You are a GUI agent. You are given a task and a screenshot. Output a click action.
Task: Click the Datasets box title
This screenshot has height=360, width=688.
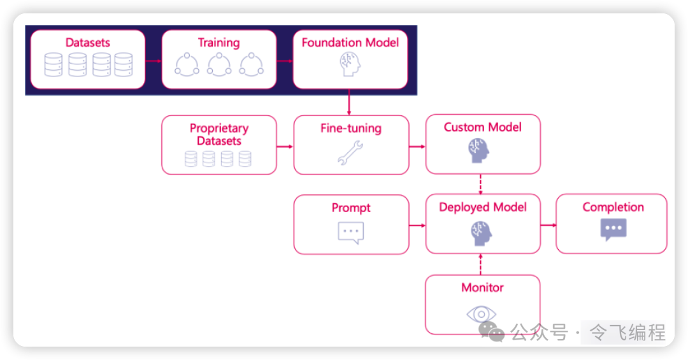click(x=88, y=43)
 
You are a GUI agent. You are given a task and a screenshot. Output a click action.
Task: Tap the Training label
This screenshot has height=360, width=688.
click(x=219, y=43)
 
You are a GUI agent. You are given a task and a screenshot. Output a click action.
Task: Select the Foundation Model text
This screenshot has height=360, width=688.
click(x=350, y=43)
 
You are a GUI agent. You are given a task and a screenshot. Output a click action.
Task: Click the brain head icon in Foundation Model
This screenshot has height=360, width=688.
click(x=349, y=64)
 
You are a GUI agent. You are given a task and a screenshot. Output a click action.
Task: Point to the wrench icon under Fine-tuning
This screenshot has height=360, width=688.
click(x=350, y=153)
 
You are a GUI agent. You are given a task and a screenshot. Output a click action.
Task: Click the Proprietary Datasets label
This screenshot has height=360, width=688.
click(x=219, y=134)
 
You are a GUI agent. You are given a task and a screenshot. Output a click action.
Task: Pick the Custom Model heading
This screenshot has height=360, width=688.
click(x=482, y=127)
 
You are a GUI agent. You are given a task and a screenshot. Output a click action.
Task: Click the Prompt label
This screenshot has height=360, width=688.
click(x=350, y=208)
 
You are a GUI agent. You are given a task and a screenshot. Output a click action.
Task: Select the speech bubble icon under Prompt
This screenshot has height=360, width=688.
click(x=350, y=232)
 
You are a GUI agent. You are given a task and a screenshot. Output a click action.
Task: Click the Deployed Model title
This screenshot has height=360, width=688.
click(x=482, y=207)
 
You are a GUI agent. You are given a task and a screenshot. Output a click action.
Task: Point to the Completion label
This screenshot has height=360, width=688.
click(x=613, y=207)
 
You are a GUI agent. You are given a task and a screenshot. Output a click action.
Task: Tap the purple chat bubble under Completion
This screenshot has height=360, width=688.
click(x=613, y=229)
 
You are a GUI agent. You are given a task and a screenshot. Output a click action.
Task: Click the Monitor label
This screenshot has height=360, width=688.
click(x=482, y=287)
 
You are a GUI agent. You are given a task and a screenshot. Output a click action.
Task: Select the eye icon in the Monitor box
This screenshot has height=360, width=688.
click(x=482, y=313)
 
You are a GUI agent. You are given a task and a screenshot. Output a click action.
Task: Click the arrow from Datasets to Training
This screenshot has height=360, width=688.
click(x=154, y=61)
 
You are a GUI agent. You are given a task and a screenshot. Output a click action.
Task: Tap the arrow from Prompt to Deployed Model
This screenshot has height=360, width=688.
click(x=417, y=225)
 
